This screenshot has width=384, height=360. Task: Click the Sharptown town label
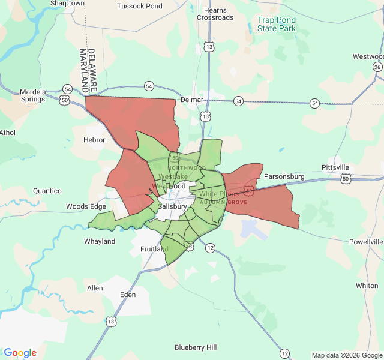[67, 3]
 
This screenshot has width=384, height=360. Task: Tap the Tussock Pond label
[140, 6]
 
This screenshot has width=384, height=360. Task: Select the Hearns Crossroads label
[215, 14]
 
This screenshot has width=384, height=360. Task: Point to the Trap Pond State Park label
[277, 24]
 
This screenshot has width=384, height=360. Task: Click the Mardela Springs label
[33, 95]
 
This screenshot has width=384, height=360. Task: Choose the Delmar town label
[192, 100]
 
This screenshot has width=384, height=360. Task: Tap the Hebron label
[95, 140]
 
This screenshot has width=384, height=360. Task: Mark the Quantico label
[47, 191]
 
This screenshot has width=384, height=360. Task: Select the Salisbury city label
[173, 206]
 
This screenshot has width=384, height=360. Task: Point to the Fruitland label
[154, 248]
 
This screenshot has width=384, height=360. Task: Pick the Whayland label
[100, 241]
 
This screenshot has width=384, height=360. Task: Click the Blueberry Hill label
[196, 347]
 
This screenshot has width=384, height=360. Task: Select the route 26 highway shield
[377, 67]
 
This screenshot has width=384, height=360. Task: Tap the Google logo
[20, 353]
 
